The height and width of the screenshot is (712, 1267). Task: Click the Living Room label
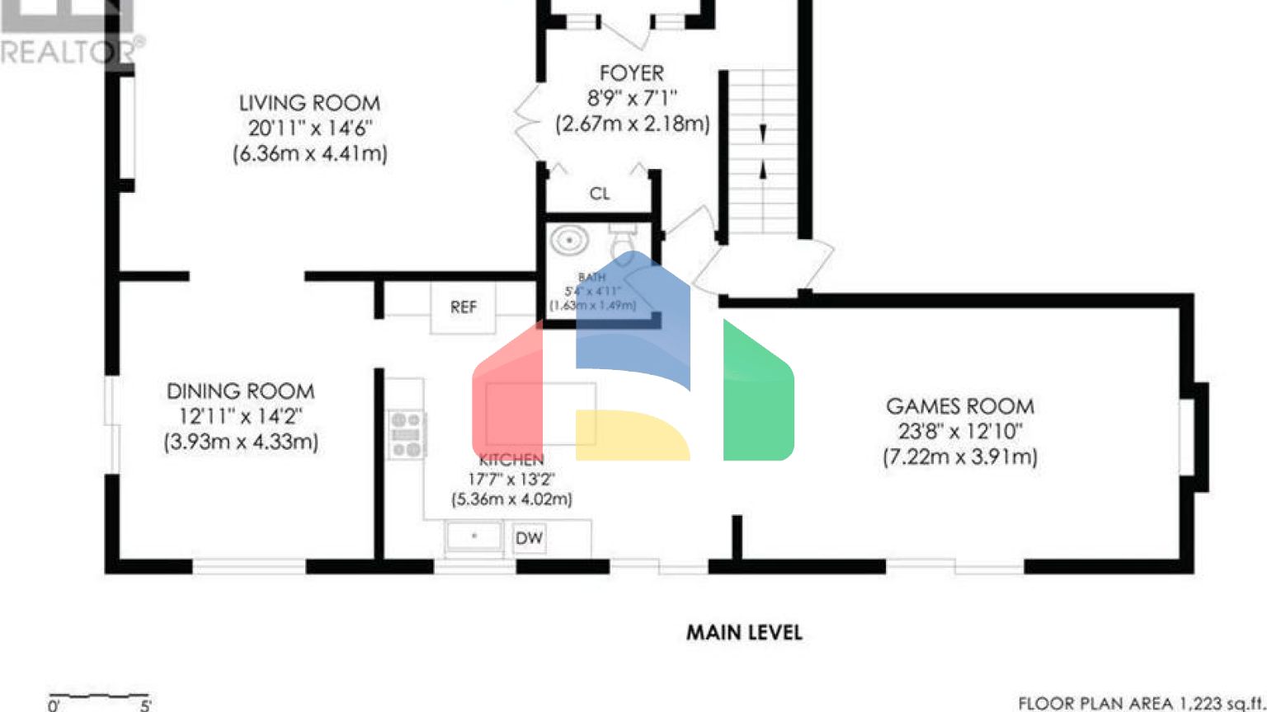309,103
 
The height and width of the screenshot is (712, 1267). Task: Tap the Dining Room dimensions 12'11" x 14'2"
241,416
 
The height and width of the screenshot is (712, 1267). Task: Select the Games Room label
959,406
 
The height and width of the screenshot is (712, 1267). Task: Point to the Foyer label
631,73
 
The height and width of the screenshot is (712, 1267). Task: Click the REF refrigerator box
463,307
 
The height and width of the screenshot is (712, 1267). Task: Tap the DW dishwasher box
529,538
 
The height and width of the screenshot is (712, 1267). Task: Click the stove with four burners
407,434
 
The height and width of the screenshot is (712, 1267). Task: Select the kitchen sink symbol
473,536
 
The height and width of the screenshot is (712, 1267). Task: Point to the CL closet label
600,194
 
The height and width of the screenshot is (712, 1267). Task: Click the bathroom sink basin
569,241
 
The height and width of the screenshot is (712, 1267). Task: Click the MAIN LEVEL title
744,633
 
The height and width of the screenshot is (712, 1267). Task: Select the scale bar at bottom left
99,697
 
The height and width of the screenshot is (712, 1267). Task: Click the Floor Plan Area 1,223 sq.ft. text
1141,703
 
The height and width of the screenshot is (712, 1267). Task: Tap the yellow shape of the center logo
631,434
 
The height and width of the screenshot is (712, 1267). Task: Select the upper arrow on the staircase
763,133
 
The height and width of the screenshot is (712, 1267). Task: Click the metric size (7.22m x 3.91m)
959,457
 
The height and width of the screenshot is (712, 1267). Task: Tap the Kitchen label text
511,460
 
